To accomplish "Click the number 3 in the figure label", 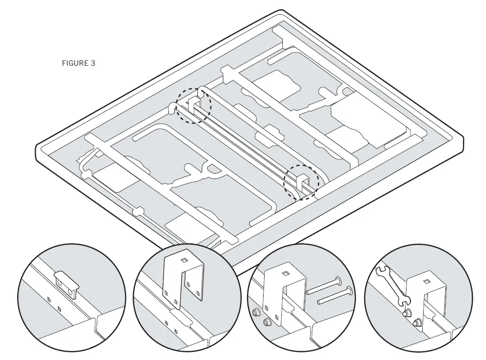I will coord(93,63).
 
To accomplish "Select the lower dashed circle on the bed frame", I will coord(302,181).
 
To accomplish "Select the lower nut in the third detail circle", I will coord(267,322).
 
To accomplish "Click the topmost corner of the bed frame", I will coord(281,11).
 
